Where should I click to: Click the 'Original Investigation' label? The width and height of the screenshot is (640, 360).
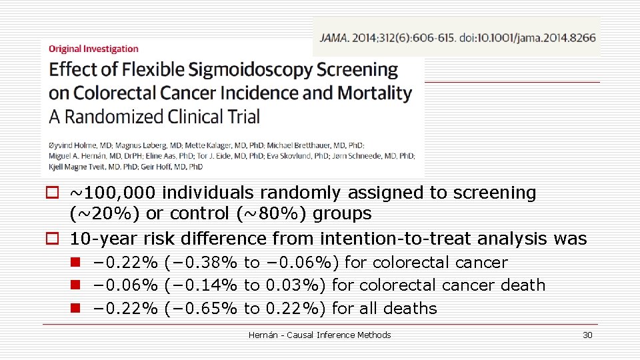tap(93, 49)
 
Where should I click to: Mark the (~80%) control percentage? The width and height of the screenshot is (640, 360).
tap(264, 214)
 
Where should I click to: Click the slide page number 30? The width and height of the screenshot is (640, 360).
tap(587, 335)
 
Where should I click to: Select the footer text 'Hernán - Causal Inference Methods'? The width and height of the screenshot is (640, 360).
tap(319, 335)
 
